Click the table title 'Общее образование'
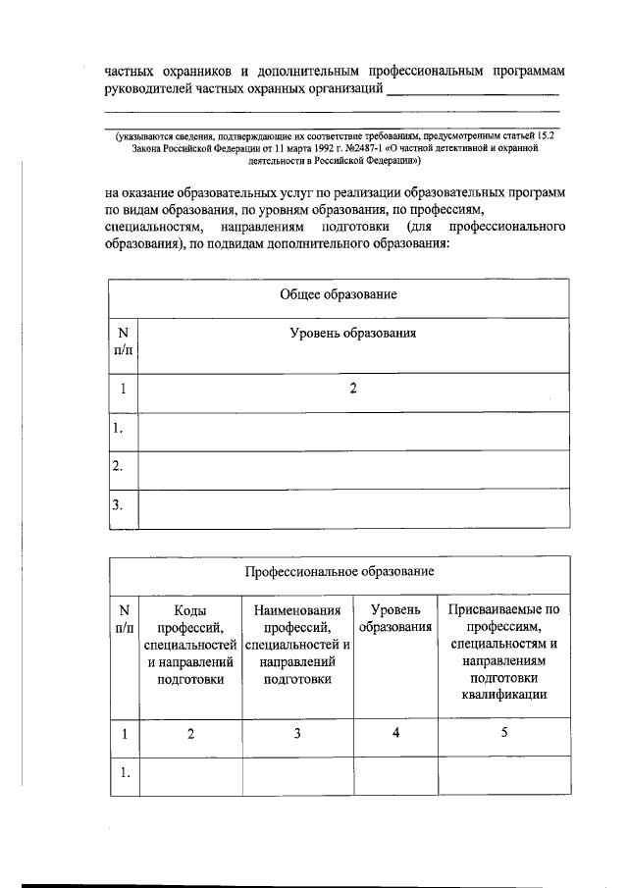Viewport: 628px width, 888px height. (338, 294)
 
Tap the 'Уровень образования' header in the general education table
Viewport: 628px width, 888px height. (352, 334)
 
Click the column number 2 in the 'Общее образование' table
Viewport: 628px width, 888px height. (352, 389)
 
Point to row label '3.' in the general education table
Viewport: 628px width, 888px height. (118, 505)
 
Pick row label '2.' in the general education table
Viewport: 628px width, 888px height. (118, 466)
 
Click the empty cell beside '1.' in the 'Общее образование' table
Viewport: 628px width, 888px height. (352, 428)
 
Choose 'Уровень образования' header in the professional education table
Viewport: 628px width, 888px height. (395, 619)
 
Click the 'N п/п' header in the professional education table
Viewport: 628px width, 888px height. (123, 619)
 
